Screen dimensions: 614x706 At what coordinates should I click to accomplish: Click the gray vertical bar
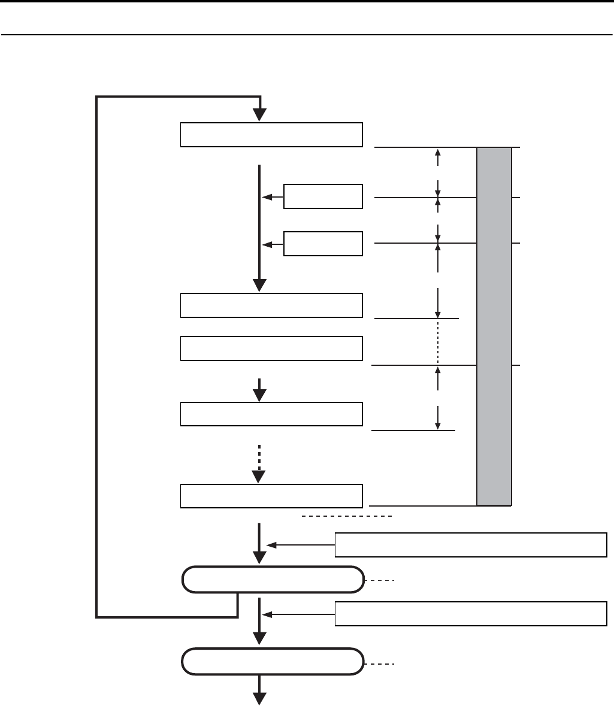pos(494,326)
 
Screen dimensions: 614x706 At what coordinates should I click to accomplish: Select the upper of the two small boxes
pos(323,196)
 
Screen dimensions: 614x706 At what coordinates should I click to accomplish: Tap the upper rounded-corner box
pos(273,580)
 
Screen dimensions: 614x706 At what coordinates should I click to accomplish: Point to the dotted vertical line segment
pos(438,342)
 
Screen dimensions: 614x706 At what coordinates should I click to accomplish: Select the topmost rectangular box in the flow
pos(271,135)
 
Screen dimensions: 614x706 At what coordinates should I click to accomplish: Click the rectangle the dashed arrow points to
pos(271,496)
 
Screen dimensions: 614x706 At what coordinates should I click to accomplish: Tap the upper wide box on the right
pos(470,544)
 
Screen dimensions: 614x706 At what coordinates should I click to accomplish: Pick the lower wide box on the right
pos(470,614)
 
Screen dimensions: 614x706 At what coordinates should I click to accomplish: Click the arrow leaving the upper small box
pos(273,196)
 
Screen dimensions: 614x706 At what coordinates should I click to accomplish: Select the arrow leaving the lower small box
pos(273,244)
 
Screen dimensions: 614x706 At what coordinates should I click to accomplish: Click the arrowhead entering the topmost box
pos(259,114)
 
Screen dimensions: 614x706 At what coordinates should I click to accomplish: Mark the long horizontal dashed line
pos(346,516)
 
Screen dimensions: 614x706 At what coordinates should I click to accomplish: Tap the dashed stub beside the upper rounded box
pos(380,581)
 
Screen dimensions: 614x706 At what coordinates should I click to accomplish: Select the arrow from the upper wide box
pos(300,545)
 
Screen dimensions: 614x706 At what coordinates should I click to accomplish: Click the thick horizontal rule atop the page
pos(307,2)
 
